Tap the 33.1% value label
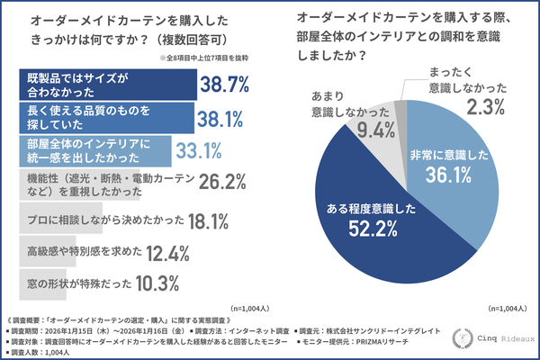tap(196, 148)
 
